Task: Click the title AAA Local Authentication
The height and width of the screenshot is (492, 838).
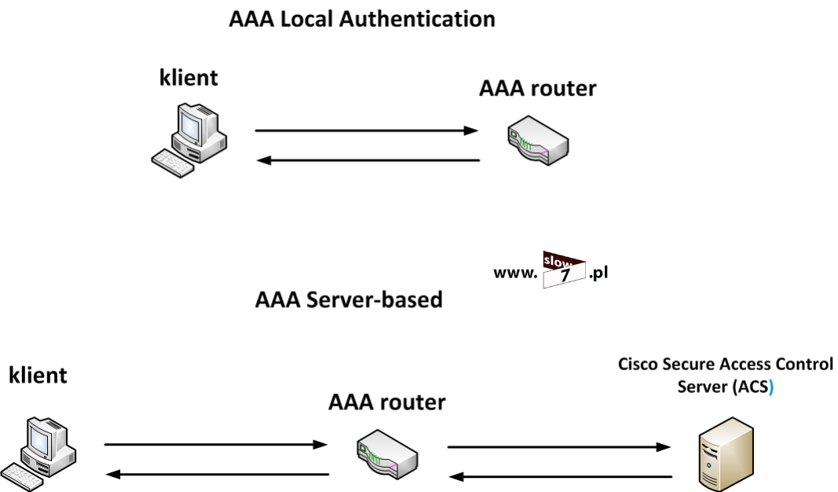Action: coord(362,19)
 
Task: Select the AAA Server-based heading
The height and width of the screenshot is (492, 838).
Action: coord(349,299)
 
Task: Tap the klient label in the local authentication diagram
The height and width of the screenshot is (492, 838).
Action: coord(188,78)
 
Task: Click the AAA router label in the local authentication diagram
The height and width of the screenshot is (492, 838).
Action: coord(537,88)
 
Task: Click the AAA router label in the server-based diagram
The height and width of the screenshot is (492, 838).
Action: coord(386,402)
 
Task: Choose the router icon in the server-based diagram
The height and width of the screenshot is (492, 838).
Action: coord(387,454)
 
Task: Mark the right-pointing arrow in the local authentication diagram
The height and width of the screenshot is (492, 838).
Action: coord(367,130)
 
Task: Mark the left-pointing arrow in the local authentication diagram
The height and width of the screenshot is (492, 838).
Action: coord(368,160)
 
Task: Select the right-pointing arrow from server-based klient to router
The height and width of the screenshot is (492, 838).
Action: coord(216,445)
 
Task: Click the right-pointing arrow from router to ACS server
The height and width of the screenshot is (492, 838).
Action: coord(559,447)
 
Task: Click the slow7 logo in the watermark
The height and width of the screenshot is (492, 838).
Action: coord(564,270)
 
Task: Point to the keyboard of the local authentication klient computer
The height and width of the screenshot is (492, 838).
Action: coord(174,163)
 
